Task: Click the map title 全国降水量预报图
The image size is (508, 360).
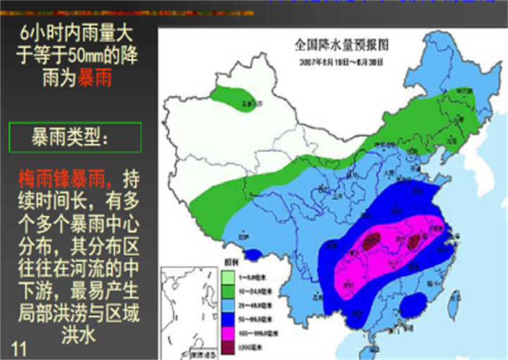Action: (x=340, y=45)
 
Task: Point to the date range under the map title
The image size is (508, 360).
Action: (x=340, y=62)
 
